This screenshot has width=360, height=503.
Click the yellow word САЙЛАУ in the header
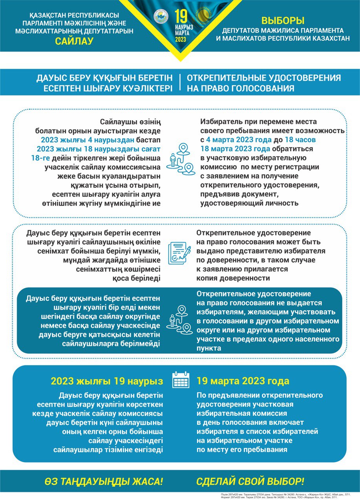[x=80, y=40]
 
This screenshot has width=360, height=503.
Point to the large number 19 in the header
[x=181, y=16]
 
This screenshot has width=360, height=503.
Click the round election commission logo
[x=161, y=17]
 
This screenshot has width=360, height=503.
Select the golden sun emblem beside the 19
[x=204, y=16]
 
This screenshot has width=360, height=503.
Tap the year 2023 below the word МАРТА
[x=181, y=40]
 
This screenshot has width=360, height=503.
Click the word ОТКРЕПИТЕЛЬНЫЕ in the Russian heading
[x=232, y=77]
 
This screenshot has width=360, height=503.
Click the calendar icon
[x=181, y=380]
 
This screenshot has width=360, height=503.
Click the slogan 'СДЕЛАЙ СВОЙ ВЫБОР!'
[x=250, y=481]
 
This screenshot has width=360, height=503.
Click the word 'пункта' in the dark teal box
[x=208, y=348]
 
